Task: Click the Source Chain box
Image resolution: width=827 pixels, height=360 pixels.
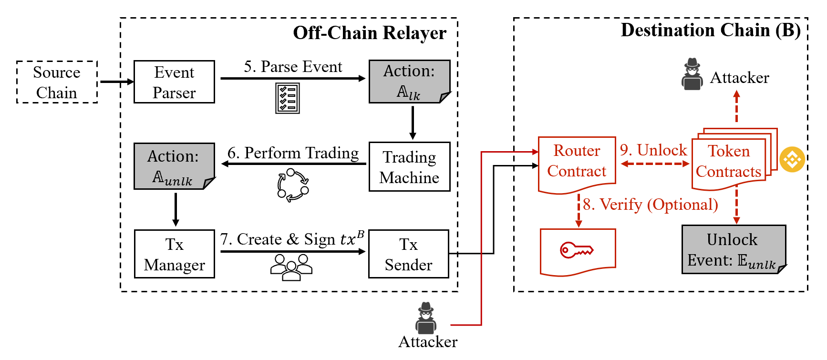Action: point(57,82)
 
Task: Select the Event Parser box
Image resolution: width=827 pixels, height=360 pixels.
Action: point(174,82)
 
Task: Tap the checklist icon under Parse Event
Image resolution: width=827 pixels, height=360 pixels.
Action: point(288,98)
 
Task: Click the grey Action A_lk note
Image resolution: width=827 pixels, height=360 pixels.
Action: point(410,82)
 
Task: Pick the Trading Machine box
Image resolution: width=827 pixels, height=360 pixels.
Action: point(410,167)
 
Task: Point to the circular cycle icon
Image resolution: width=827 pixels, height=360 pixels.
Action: point(293,185)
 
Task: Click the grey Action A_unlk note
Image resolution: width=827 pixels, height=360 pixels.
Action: point(175,166)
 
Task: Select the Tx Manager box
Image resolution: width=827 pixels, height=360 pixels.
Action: point(175,254)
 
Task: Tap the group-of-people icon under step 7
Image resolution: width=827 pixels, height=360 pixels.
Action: point(291,267)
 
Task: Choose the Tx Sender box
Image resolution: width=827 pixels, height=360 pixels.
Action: point(409,254)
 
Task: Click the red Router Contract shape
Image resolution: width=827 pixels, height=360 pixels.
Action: point(577,165)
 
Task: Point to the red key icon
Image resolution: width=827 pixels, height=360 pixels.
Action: point(576,250)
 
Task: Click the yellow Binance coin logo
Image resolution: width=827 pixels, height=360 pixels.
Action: point(792,159)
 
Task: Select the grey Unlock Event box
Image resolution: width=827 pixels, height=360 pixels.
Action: point(734,249)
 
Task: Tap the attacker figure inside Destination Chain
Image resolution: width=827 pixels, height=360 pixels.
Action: point(692,74)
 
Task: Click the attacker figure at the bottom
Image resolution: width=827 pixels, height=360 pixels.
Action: point(426,318)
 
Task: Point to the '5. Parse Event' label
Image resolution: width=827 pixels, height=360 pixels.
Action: point(293,67)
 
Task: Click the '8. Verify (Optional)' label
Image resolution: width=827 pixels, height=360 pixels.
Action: point(651,205)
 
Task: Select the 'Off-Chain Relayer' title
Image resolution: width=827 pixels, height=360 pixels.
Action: point(370,33)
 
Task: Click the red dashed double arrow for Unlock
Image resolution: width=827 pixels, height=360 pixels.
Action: point(655,164)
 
